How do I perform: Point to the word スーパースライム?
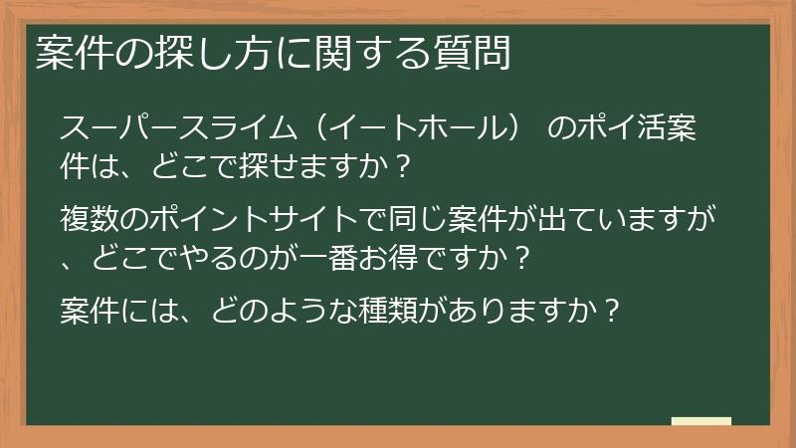pos(172,129)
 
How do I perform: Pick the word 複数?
pos(90,216)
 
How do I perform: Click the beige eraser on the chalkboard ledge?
pos(701,422)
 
